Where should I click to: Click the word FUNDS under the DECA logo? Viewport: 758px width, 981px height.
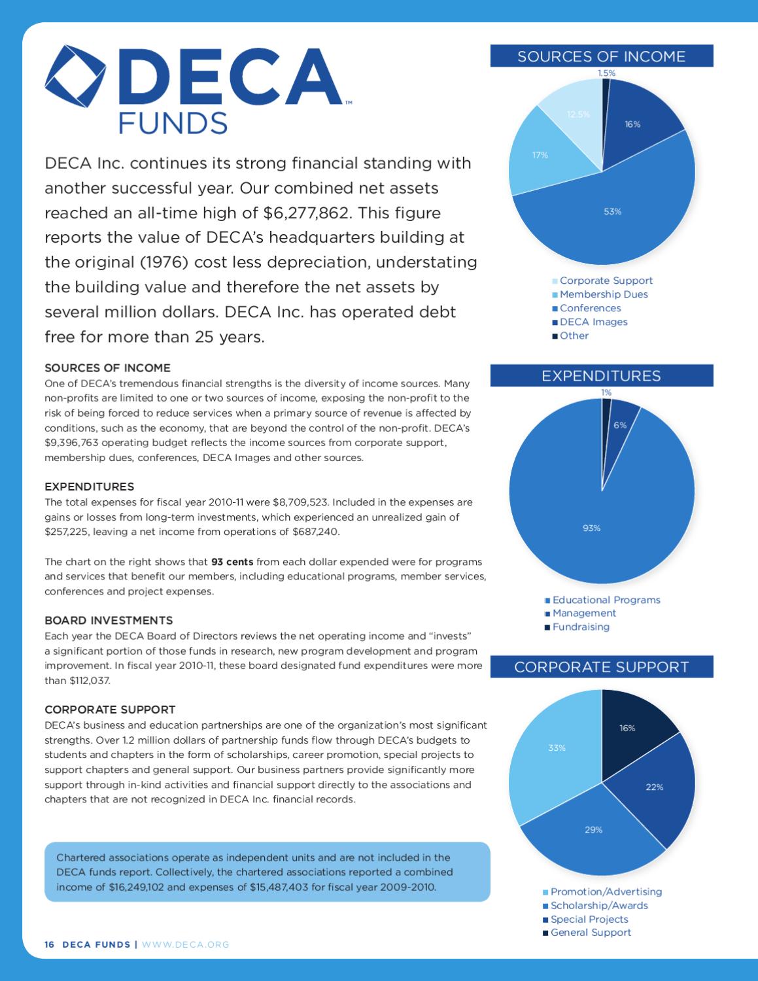click(173, 123)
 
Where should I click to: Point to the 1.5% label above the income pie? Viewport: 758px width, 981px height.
click(606, 73)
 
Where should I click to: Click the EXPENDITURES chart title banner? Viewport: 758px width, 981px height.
click(601, 376)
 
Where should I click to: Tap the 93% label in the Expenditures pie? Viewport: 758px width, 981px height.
click(591, 528)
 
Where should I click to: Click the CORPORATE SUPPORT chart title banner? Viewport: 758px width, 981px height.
click(601, 667)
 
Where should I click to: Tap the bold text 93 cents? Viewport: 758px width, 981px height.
click(232, 562)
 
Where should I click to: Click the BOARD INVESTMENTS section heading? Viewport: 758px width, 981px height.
click(109, 620)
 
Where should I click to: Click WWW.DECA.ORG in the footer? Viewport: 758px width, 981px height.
click(186, 944)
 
